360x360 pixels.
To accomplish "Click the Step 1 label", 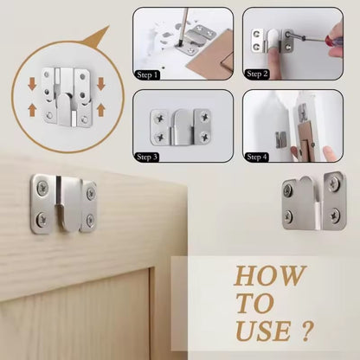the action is tap(147, 75).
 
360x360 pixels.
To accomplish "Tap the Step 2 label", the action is tap(257, 74).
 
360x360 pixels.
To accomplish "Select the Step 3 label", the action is tap(147, 157).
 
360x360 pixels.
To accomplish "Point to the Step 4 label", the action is tap(257, 157).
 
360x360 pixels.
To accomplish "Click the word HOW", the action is tap(270, 276).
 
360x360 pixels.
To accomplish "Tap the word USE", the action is tap(263, 331).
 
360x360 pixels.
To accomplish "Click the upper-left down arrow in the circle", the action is tap(32, 83).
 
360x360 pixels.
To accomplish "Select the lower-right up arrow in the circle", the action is tap(100, 111).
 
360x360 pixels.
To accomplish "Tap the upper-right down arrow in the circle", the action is tap(100, 83).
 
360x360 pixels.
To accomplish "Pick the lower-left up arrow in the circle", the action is tap(32, 111).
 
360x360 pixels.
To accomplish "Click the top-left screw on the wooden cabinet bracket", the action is tap(42, 189).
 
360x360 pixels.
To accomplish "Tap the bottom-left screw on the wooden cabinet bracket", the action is tap(42, 219).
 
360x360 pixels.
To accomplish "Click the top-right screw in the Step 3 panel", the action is tap(205, 117).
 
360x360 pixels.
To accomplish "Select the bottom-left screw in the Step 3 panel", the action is tap(159, 137).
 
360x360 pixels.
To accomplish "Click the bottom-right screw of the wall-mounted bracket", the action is tap(335, 215).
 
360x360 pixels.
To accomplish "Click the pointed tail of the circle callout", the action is tap(108, 27).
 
